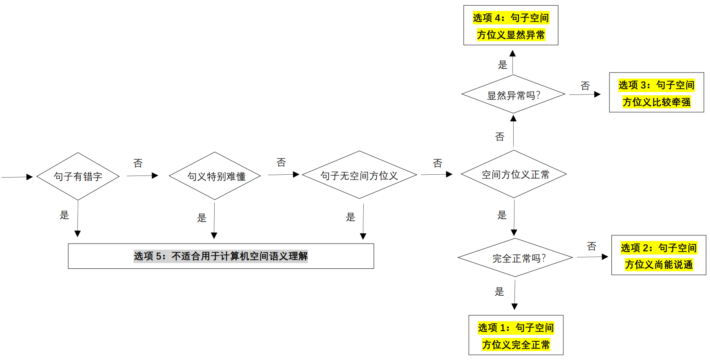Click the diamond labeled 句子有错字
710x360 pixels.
pyautogui.click(x=78, y=176)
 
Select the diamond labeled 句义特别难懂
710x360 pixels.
pyautogui.click(x=215, y=176)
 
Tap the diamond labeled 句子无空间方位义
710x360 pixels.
pyautogui.click(x=359, y=175)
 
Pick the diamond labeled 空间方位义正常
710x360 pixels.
pyautogui.click(x=514, y=174)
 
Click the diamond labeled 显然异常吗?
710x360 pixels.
pyautogui.click(x=513, y=94)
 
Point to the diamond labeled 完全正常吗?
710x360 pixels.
pyautogui.click(x=515, y=258)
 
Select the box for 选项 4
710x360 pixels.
pyautogui.click(x=511, y=25)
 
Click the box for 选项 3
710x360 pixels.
pyautogui.click(x=656, y=92)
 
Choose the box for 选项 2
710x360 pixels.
pyautogui.click(x=658, y=255)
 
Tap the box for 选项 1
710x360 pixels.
pyautogui.click(x=516, y=335)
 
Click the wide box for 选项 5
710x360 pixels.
pyautogui.click(x=221, y=256)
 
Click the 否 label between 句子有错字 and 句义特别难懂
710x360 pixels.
pyautogui.click(x=138, y=163)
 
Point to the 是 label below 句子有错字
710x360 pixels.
pyautogui.click(x=64, y=215)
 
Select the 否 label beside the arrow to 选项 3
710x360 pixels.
pyautogui.click(x=585, y=86)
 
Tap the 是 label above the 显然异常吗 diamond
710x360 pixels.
pyautogui.click(x=502, y=65)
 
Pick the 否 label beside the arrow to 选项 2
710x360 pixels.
pyautogui.click(x=591, y=246)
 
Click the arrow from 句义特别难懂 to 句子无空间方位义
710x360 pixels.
pyautogui.click(x=283, y=175)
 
